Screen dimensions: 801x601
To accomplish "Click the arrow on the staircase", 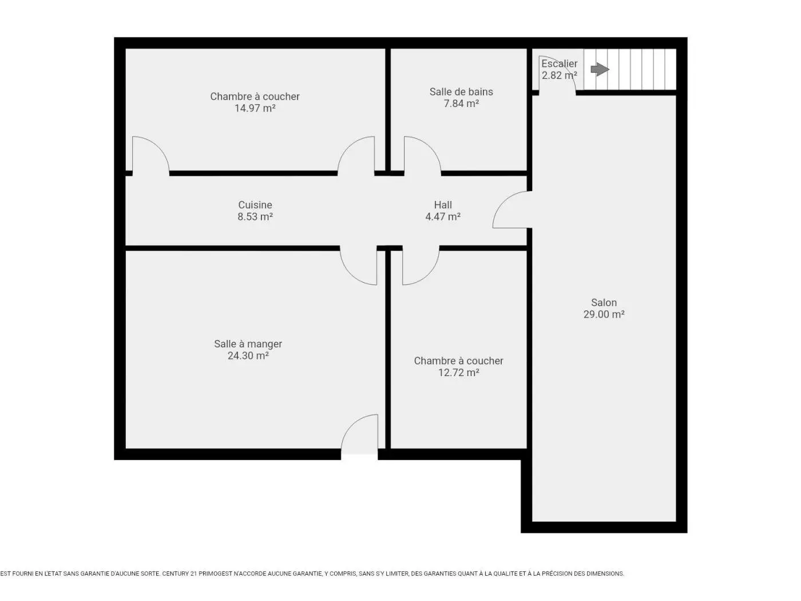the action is [600, 69].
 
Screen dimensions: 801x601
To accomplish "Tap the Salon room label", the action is [604, 303].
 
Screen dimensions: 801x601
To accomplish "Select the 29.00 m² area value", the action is [604, 314].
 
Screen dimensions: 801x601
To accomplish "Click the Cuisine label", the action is [255, 205].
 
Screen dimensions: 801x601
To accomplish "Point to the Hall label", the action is [443, 205].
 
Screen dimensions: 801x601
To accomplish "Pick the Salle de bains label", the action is [461, 92].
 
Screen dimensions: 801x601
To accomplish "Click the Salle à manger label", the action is [248, 344].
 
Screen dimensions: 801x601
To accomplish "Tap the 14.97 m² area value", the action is [255, 108].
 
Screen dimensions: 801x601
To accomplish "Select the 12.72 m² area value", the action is [459, 373].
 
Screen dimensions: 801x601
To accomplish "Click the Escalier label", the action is [560, 64].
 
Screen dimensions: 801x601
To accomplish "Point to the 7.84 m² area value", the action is [461, 103].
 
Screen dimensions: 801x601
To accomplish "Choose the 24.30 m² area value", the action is [248, 355].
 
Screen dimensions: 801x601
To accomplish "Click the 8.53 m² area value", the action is [255, 217].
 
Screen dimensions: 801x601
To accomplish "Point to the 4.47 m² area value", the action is [443, 217].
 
